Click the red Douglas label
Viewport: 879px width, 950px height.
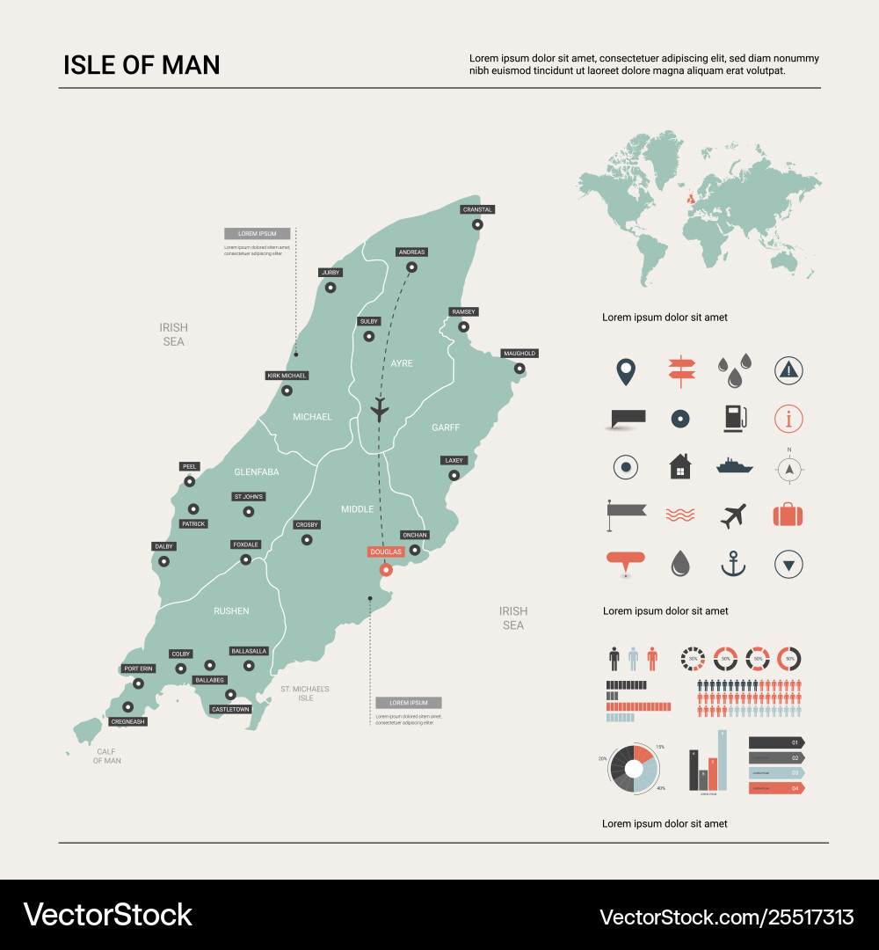click(x=386, y=552)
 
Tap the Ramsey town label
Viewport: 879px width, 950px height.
click(x=463, y=312)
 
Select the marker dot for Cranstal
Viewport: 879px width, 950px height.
click(x=477, y=224)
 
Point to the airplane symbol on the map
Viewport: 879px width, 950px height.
click(x=380, y=408)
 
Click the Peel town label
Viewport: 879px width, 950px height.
click(x=189, y=466)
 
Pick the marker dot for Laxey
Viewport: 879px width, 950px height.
click(x=454, y=475)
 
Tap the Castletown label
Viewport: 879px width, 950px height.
click(x=231, y=709)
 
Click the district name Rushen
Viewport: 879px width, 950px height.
click(x=231, y=610)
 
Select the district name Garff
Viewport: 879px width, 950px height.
click(x=446, y=427)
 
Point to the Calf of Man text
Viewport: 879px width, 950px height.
click(x=107, y=756)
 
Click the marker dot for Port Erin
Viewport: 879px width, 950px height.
click(x=138, y=683)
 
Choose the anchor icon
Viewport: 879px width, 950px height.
click(x=733, y=564)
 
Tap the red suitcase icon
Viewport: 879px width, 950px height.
click(x=788, y=515)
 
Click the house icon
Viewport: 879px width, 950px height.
click(x=680, y=466)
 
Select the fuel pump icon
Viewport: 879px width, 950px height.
click(x=734, y=418)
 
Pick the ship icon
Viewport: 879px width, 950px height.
click(x=735, y=465)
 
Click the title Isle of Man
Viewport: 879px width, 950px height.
click(x=142, y=65)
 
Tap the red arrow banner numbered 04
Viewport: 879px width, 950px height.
click(x=776, y=788)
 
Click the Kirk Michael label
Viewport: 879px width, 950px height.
click(x=287, y=376)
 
